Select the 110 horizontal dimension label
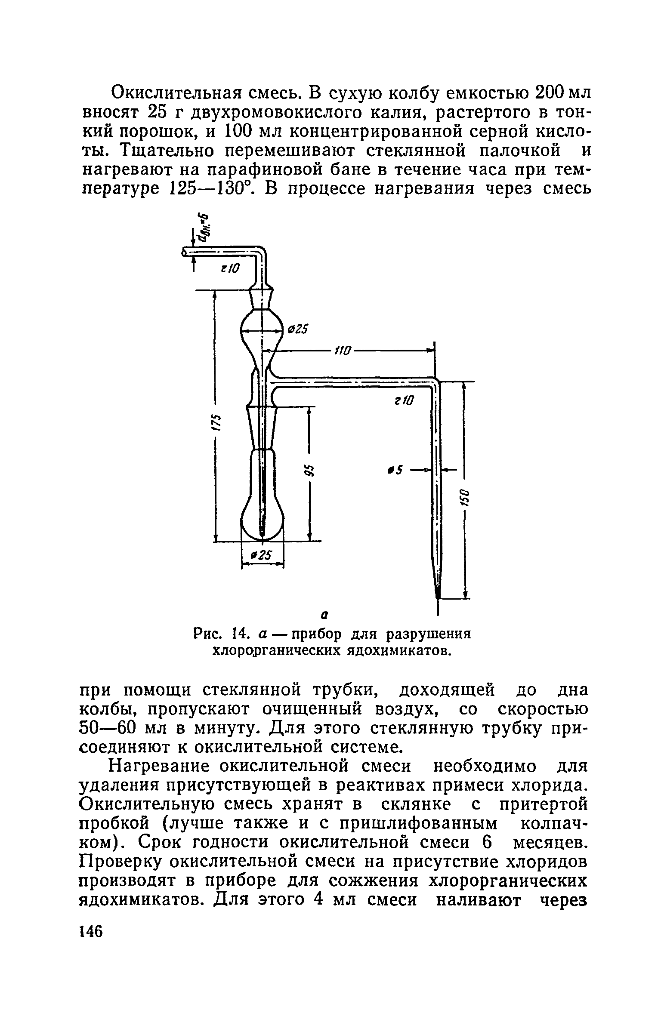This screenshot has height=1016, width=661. (x=343, y=350)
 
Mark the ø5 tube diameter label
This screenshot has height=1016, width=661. (x=395, y=471)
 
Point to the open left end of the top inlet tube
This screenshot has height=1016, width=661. (x=185, y=252)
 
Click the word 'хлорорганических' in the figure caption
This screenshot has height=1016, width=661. (x=279, y=650)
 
